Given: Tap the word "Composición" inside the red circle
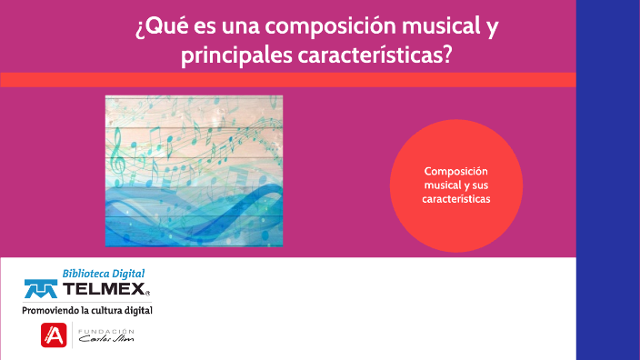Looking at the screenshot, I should click(456, 172).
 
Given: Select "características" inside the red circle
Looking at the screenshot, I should click(456, 198).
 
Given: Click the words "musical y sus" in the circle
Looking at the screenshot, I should click(456, 185).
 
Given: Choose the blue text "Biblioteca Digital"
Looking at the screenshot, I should click(104, 273).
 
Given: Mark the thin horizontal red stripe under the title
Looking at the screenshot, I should click(287, 80).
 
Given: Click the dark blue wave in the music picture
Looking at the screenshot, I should click(200, 218).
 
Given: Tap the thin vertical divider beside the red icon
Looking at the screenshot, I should click(72, 335).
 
